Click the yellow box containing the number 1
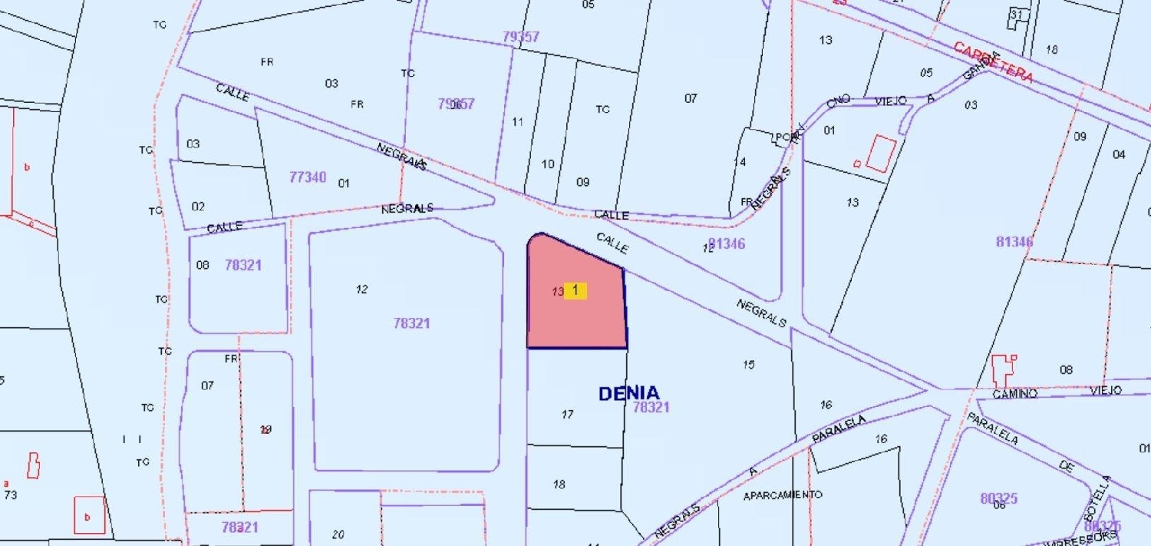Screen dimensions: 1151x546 pos(575,290)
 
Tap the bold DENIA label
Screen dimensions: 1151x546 pos(628,393)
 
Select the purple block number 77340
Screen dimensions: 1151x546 pos(308,177)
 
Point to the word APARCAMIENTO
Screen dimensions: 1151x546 pos(783,495)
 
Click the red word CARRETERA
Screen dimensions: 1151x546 pos(994,62)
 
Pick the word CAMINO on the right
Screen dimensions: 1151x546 pos(1014,394)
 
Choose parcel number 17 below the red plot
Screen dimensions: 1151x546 pos(568,415)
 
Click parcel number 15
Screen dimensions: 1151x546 pos(748,364)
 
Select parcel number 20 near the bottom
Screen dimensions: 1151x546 pos(338,534)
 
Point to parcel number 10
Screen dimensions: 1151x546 pos(548,164)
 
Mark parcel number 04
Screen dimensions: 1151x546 pos(1119,154)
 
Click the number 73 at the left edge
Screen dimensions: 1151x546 pos(10,495)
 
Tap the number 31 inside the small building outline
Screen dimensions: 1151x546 pos(1017,15)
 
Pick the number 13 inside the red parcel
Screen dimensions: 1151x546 pos(557,292)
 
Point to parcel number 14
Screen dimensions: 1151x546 pos(740,162)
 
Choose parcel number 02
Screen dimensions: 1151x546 pos(198,206)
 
